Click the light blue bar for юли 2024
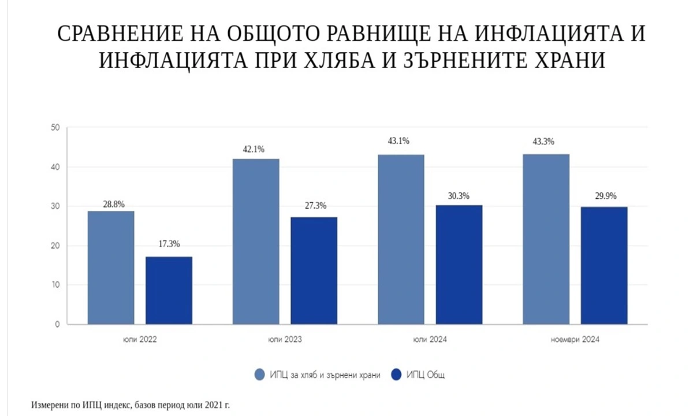tap(401, 239)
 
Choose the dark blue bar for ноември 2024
tap(604, 265)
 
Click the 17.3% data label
tap(169, 245)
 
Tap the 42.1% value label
tap(254, 149)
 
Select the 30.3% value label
tap(459, 195)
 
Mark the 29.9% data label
tap(604, 196)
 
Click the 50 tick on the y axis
tap(55, 128)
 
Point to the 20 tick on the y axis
tap(55, 246)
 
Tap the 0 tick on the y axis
tap(58, 325)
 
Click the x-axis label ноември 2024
tap(575, 340)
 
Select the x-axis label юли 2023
tap(285, 340)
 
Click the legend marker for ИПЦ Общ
tap(397, 375)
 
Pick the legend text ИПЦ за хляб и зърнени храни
tap(325, 376)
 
